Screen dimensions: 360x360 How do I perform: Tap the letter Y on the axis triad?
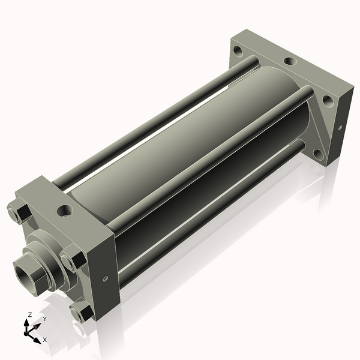click(44, 319)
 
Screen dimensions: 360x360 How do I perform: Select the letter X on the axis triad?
click(44, 340)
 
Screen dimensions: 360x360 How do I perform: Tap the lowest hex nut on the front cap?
click(80, 312)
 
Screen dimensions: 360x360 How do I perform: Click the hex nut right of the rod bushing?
click(73, 259)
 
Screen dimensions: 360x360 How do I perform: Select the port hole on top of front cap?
click(65, 211)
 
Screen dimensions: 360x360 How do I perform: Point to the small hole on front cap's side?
click(106, 278)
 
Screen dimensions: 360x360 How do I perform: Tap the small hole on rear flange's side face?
click(340, 128)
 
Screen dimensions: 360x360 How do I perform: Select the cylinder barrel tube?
click(180, 144)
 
